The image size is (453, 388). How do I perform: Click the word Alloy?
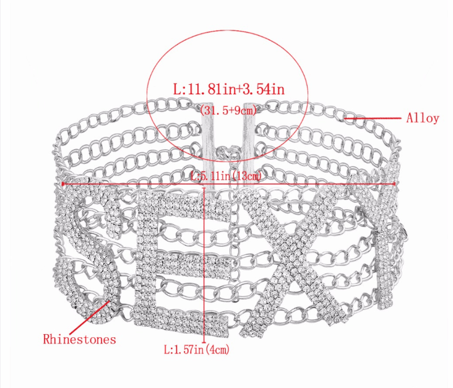coord(423,118)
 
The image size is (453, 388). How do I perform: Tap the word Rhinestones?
coord(79,339)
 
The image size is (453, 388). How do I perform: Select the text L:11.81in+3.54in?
coord(229,88)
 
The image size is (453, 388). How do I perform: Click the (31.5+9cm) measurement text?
coord(228,110)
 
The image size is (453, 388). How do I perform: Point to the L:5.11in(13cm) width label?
coord(226,175)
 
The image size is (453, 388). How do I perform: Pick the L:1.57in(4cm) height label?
coord(197,350)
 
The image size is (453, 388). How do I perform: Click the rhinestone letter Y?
coord(381,231)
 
